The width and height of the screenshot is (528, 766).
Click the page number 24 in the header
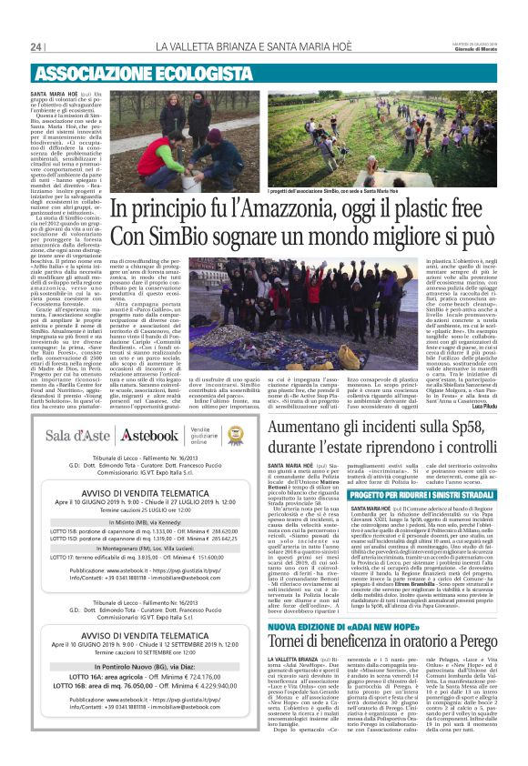tap(36, 47)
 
